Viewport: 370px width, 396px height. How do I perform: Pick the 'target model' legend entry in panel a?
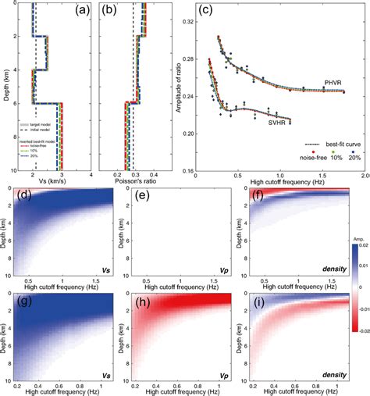click(x=44, y=124)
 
